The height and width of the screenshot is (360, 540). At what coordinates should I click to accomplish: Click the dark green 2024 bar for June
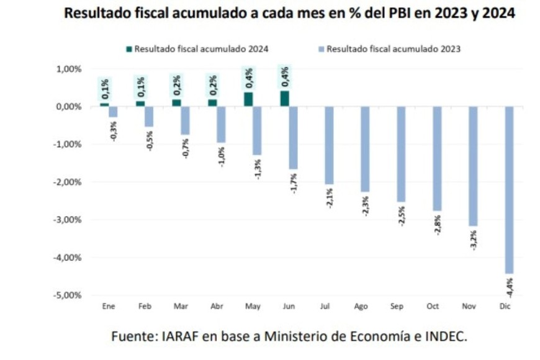click(x=284, y=99)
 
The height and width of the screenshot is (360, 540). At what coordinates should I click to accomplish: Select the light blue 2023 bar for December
click(x=508, y=189)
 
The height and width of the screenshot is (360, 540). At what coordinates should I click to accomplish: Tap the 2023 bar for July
click(x=329, y=145)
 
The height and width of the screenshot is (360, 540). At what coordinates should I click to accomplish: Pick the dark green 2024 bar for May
click(x=248, y=99)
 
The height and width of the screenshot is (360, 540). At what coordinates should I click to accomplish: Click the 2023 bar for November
click(x=473, y=166)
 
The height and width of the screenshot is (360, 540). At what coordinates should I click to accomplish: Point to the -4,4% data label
click(x=509, y=286)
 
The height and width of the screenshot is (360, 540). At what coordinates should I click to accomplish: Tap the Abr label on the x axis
click(x=217, y=306)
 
